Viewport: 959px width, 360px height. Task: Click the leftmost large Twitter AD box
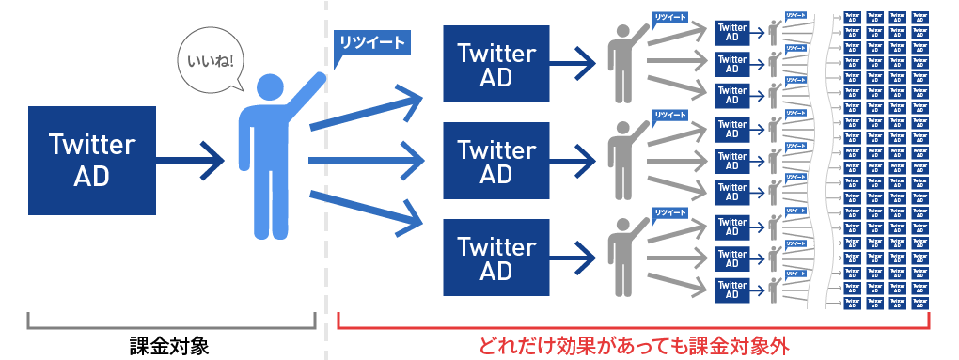91,160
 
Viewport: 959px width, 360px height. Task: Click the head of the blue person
269,87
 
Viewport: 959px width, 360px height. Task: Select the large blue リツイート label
371,42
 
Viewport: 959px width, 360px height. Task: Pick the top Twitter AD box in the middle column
496,65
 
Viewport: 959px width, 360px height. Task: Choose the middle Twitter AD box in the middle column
496,161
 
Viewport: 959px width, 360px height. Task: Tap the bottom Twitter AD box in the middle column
496,258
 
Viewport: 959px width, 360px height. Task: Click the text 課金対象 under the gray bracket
169,345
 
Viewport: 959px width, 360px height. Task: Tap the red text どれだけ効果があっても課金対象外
632,345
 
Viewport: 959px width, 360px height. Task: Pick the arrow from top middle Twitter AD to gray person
573,65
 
